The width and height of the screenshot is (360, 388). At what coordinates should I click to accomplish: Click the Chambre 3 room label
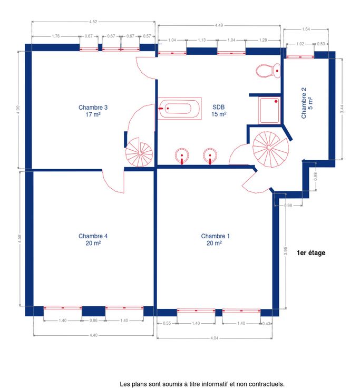93,111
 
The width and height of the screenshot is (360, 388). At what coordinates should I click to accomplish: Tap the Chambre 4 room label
93,239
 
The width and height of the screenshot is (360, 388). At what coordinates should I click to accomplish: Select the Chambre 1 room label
215,239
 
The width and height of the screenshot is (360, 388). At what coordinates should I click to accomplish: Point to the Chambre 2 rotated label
307,103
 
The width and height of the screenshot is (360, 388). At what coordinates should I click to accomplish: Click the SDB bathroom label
219,111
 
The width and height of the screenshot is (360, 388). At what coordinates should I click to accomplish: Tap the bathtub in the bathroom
179,109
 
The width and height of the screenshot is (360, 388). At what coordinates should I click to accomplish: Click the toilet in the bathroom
268,71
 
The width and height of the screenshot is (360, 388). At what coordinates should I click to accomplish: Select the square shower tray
269,110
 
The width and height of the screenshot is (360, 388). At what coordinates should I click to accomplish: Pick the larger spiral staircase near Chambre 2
270,149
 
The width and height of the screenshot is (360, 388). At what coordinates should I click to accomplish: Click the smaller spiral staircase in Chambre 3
139,152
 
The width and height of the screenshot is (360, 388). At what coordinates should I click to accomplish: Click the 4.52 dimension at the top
93,22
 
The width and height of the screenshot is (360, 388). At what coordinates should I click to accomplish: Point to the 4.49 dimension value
219,25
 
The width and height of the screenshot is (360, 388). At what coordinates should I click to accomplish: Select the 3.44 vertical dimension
342,109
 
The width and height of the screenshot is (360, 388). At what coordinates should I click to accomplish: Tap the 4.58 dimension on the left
20,238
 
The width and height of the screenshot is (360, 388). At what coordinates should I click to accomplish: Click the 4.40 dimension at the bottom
93,335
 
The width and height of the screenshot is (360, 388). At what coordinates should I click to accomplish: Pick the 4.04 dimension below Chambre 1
215,338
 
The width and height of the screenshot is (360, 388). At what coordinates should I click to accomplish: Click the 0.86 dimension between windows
93,321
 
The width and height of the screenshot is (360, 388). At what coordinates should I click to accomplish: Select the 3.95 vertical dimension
286,251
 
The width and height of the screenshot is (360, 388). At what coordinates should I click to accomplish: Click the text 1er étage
311,253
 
